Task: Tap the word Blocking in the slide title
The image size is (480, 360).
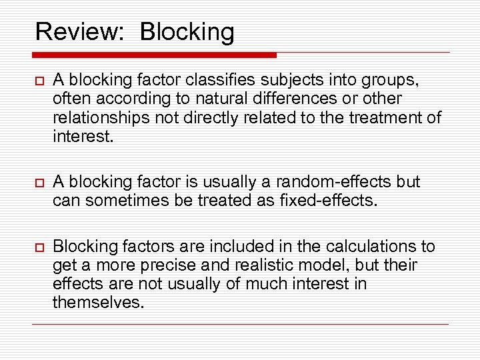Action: [187, 32]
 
